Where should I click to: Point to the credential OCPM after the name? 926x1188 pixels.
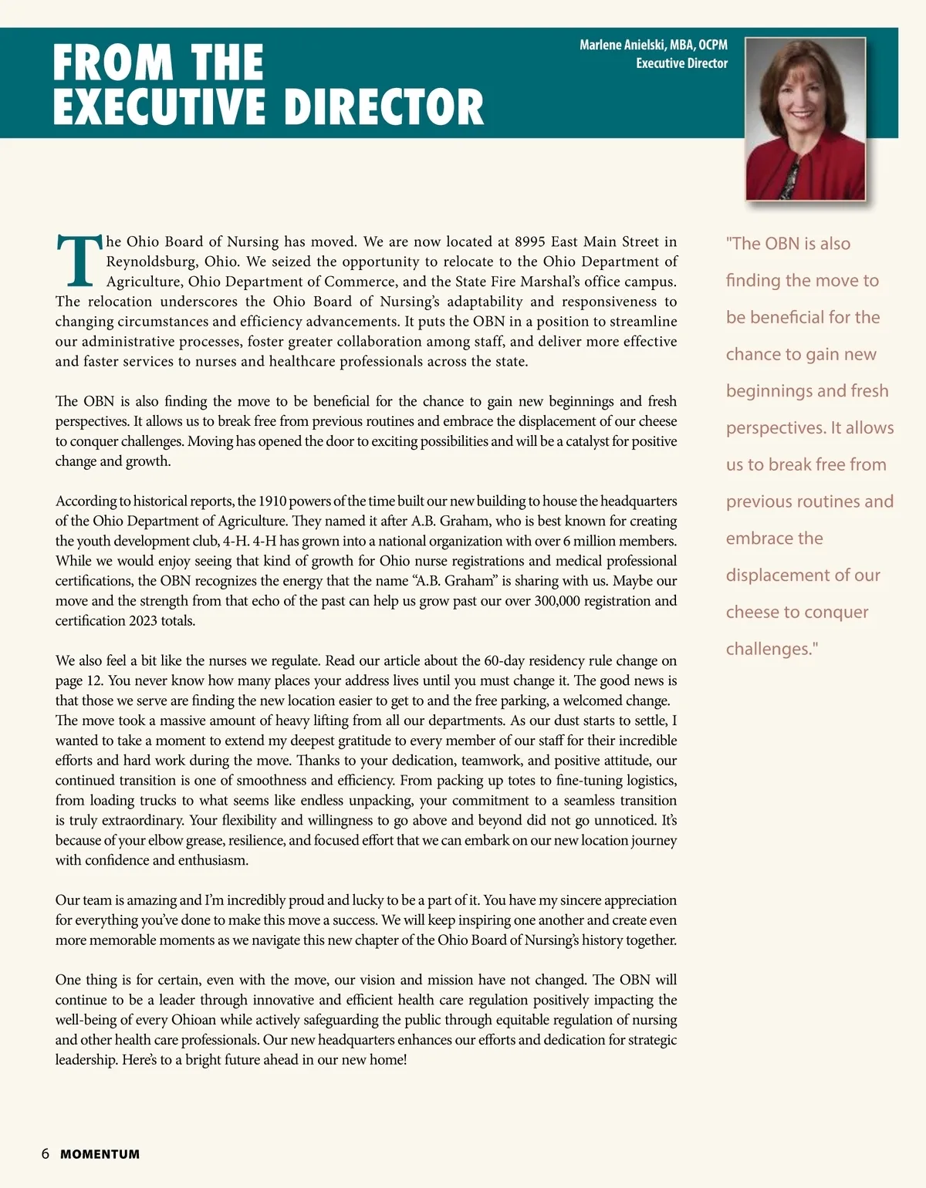tap(713, 46)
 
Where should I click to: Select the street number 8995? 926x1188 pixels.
tap(535, 241)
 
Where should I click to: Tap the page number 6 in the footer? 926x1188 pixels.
tap(46, 1154)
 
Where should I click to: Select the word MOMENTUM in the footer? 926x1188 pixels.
tap(100, 1155)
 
